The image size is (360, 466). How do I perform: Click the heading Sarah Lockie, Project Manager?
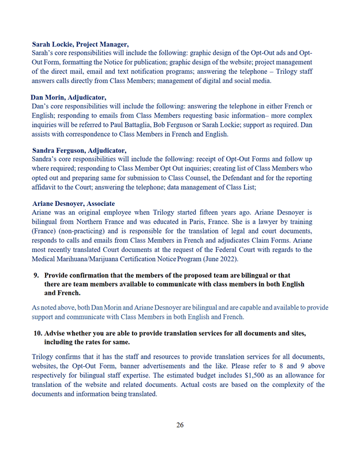(80, 44)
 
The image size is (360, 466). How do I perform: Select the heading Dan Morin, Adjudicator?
(68, 97)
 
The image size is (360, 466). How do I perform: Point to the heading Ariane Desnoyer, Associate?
(73, 204)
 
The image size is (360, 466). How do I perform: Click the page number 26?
(180, 425)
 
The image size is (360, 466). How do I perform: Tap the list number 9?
(36, 275)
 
